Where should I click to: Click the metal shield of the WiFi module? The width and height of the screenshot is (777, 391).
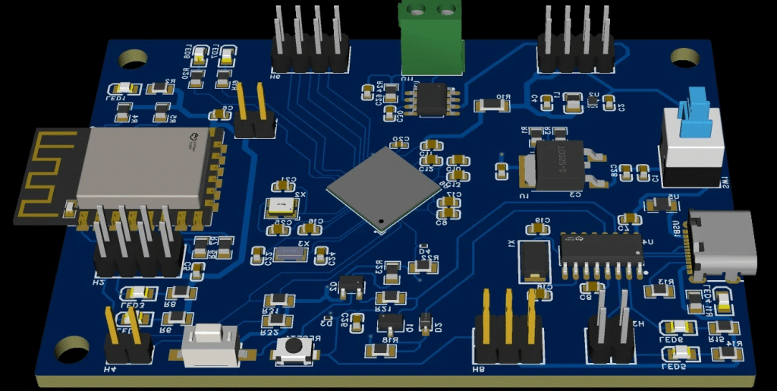pos(143,167)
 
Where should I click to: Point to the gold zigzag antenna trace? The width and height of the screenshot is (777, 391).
pos(47,175)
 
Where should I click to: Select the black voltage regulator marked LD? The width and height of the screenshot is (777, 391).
pos(558,165)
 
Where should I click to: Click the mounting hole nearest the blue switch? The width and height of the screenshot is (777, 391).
pos(687,55)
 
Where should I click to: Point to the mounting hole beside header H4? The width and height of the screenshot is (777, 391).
pos(71,348)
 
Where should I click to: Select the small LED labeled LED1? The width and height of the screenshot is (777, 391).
pos(123,89)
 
